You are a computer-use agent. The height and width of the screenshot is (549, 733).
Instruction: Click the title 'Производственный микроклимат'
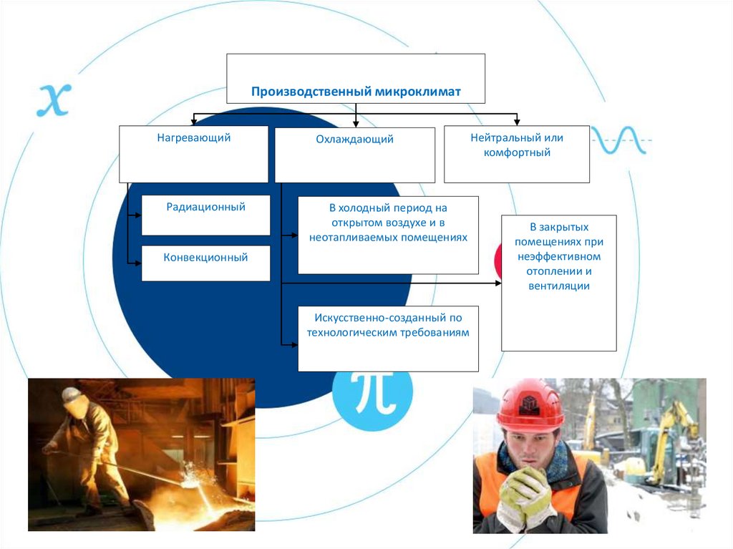355,92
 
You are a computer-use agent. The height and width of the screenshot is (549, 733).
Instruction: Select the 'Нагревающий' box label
194,138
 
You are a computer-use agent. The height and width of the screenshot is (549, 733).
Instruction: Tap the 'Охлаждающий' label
355,140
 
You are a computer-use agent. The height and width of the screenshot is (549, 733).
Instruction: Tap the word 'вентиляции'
559,286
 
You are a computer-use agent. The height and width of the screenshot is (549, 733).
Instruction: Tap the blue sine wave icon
618,140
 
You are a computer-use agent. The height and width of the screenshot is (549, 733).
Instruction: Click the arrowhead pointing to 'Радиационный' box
138,214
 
